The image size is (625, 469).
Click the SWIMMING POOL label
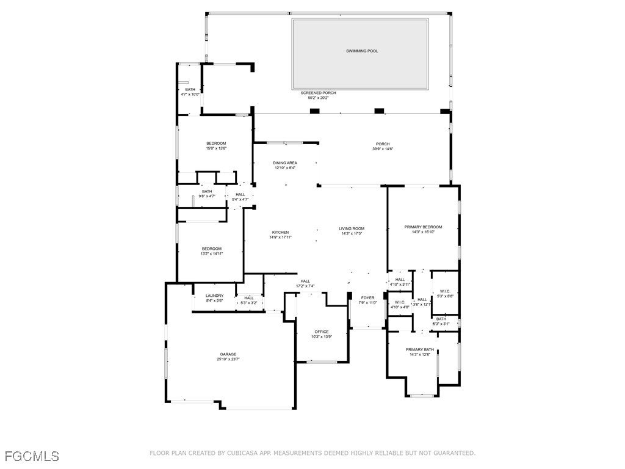click(362, 51)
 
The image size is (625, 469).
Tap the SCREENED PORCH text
click(318, 93)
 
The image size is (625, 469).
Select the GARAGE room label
click(228, 354)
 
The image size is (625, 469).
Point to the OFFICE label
click(322, 332)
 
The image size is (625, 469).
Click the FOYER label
click(367, 297)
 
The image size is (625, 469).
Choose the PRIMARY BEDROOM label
click(423, 227)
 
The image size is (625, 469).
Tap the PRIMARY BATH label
click(420, 349)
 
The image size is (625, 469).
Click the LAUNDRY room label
click(214, 296)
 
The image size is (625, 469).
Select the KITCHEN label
click(280, 232)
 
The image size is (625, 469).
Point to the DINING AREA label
click(285, 162)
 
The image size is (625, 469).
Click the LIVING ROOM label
click(352, 228)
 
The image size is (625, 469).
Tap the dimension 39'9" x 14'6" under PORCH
click(383, 148)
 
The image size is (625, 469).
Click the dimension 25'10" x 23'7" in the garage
click(228, 359)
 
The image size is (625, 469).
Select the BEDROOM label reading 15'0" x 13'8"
click(216, 144)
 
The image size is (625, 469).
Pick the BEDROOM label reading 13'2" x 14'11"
click(212, 249)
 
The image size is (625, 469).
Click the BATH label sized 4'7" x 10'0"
click(190, 90)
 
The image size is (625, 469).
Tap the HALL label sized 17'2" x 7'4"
click(305, 281)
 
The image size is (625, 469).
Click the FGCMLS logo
click(32, 456)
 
